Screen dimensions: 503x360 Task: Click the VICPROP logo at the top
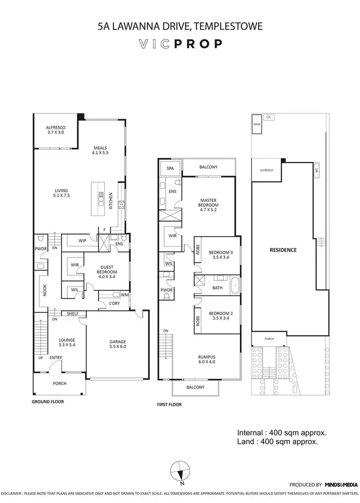pyautogui.click(x=180, y=44)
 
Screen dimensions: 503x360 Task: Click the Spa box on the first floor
pyautogui.click(x=170, y=168)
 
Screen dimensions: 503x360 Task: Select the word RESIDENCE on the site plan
pyautogui.click(x=283, y=250)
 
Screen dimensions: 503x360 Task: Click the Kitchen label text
pyautogui.click(x=111, y=201)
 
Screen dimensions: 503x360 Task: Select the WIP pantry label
pyautogui.click(x=82, y=240)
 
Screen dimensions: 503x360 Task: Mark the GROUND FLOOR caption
pyautogui.click(x=48, y=401)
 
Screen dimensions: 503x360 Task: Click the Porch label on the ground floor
pyautogui.click(x=60, y=383)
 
